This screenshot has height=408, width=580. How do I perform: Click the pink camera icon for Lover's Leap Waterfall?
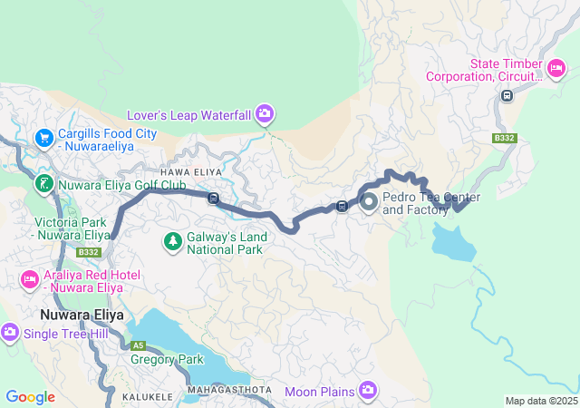(x=264, y=113)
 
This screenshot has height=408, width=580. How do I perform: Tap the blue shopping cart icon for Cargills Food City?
(x=43, y=137)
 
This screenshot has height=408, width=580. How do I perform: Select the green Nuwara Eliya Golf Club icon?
(x=43, y=185)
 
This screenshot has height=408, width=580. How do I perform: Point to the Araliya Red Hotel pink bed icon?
(x=29, y=278)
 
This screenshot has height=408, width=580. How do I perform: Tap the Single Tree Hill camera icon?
(x=10, y=333)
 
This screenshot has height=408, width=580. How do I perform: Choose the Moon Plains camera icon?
(x=367, y=390)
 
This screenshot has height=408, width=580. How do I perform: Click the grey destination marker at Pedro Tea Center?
(x=370, y=202)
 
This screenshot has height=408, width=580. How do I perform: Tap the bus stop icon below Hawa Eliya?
(x=213, y=199)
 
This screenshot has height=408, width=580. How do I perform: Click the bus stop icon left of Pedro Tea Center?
(x=342, y=205)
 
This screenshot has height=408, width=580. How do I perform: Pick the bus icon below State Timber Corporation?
(x=507, y=95)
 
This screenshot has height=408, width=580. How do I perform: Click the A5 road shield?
(x=138, y=345)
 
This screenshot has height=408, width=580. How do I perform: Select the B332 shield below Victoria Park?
(x=88, y=252)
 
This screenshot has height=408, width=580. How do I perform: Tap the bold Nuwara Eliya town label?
(x=82, y=315)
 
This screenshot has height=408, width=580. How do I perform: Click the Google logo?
(x=30, y=397)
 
